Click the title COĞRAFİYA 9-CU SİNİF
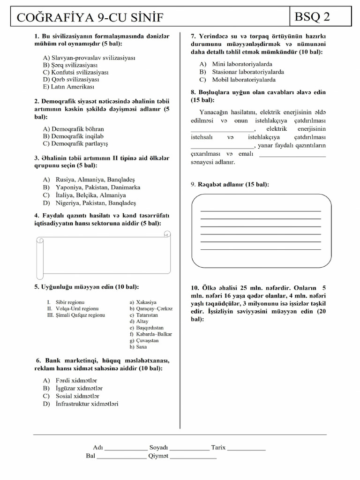[90, 18]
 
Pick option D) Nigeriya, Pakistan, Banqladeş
[89, 203]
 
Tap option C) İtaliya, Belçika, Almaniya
[84, 195]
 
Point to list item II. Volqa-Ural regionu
[73, 309]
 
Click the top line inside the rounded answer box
[261, 211]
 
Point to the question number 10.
[195, 287]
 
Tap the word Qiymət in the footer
[158, 456]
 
